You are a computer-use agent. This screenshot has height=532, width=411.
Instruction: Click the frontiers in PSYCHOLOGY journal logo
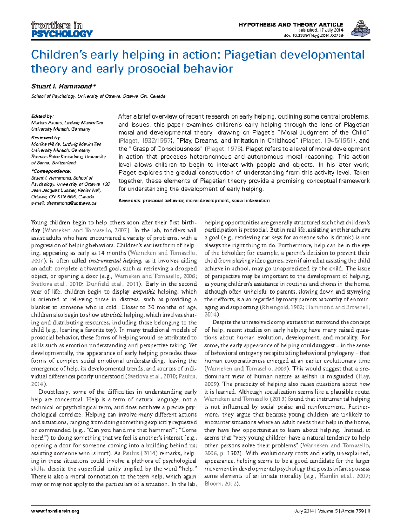coord(62,29)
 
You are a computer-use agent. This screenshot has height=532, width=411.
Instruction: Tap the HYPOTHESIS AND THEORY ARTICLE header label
coord(290,25)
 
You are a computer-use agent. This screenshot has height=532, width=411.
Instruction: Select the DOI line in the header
coord(313,35)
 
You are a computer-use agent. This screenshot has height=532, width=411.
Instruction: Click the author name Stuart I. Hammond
coord(63,86)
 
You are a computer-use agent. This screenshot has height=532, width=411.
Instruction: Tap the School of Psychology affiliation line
coord(98,96)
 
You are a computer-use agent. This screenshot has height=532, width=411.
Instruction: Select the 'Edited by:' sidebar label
coord(42,116)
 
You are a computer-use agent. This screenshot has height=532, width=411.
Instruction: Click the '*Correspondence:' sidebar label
coord(51,171)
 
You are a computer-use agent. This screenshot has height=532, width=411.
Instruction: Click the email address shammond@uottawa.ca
coord(72,203)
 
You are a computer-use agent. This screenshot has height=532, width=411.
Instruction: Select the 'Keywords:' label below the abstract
coord(130,201)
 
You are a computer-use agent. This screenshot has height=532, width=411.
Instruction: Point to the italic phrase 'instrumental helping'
coord(115,261)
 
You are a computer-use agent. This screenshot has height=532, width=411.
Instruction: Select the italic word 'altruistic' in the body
coord(111,315)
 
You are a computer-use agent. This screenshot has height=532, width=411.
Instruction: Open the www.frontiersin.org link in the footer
coord(55,511)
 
